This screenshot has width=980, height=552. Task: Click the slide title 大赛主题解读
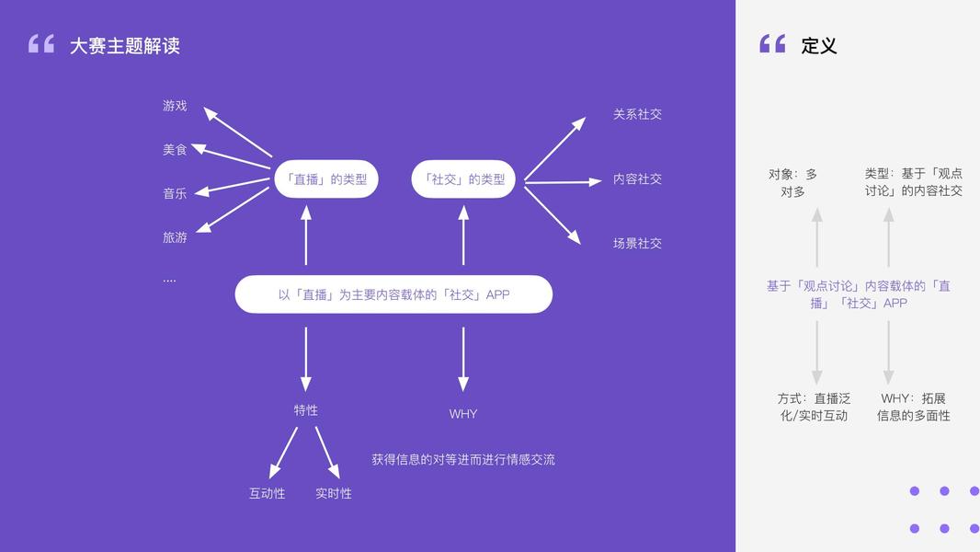(124, 45)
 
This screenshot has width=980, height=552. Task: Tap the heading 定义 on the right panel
(818, 45)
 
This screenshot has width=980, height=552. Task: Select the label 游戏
(175, 106)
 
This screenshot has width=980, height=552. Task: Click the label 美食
(175, 149)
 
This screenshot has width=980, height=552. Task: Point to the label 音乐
(175, 193)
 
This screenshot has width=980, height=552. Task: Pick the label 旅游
(175, 237)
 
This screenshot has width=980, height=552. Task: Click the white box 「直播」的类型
(326, 179)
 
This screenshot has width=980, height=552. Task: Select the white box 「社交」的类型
(463, 179)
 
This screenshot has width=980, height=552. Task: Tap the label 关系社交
(637, 114)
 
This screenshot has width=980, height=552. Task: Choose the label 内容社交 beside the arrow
(637, 179)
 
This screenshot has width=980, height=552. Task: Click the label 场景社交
(637, 244)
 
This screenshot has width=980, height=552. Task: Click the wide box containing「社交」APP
(393, 294)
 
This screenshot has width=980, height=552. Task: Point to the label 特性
(306, 410)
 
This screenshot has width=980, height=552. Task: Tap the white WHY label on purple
(463, 414)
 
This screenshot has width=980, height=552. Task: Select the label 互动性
(267, 493)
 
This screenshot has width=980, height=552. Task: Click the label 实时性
(334, 493)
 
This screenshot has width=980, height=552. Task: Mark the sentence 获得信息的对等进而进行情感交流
(463, 459)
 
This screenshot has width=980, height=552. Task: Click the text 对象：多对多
(792, 182)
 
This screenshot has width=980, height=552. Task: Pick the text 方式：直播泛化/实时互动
(814, 407)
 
